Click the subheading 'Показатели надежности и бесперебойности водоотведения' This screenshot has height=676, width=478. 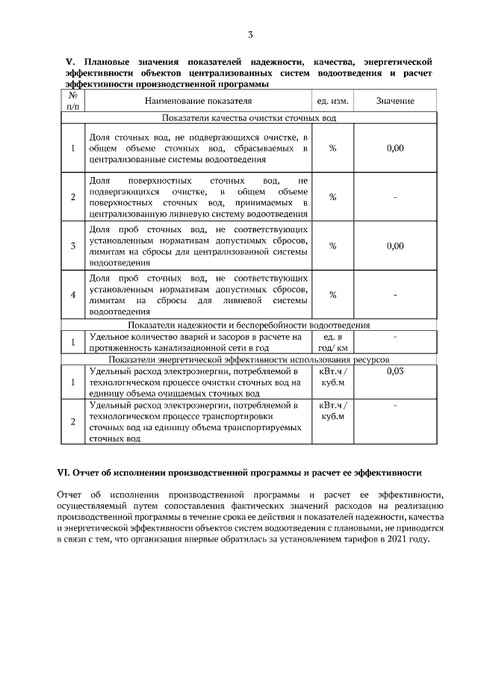click(x=249, y=325)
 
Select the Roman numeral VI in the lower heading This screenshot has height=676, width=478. click(x=63, y=473)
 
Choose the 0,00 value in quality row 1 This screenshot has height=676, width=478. click(x=395, y=148)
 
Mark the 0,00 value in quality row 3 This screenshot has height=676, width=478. click(x=395, y=246)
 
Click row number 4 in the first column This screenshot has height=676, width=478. click(x=72, y=294)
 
